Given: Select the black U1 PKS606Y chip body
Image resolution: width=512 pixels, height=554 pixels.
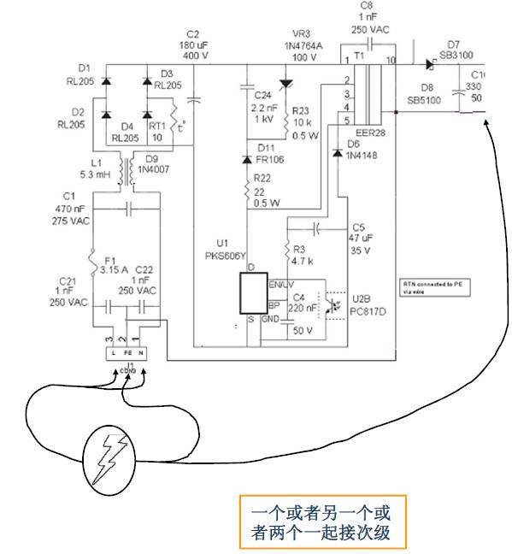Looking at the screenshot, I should tap(252, 296).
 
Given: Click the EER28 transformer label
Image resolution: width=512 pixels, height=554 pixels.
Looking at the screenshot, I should tap(372, 134).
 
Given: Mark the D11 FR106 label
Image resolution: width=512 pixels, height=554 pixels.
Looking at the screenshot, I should tap(268, 153).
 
